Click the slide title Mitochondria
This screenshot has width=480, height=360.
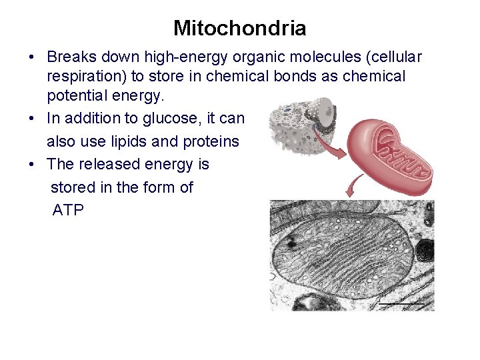(240, 28)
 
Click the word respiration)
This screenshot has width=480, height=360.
(87, 77)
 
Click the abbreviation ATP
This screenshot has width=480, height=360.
(68, 211)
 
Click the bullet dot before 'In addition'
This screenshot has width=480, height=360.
(31, 119)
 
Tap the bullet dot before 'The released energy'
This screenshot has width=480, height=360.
(31, 165)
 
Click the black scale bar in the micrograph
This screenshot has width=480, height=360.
(402, 304)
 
